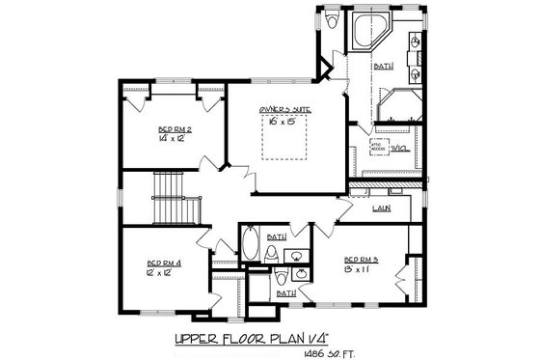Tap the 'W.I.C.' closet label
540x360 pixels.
399,148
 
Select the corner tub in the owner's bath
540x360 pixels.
367,34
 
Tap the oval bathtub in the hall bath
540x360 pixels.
250,243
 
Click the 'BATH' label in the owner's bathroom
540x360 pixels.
383,66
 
